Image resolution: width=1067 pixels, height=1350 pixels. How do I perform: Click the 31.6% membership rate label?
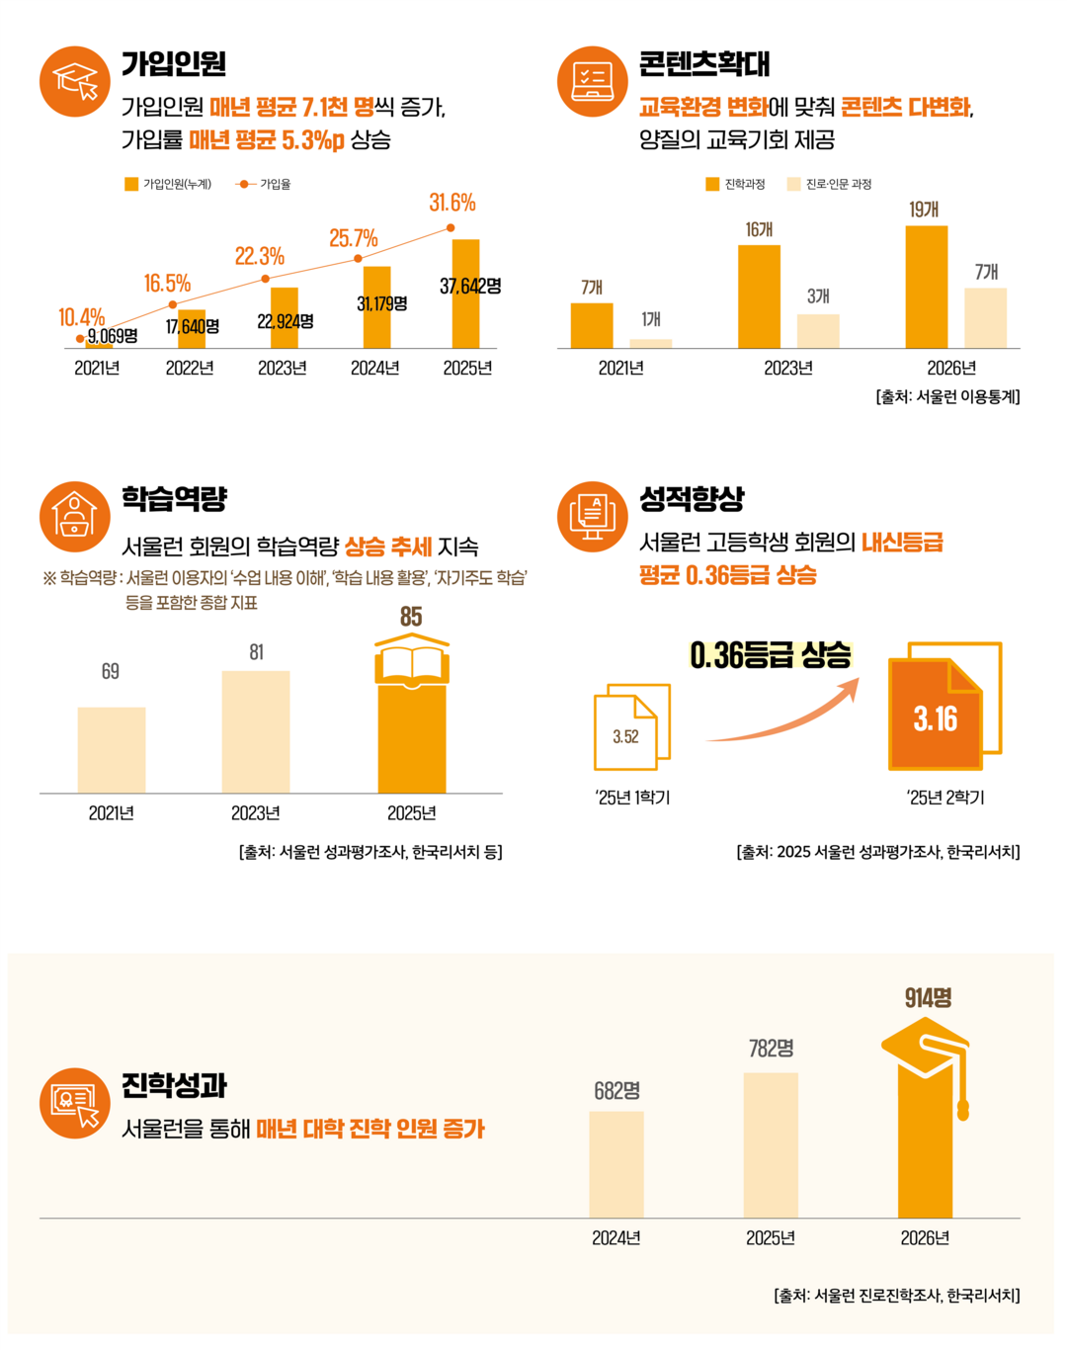[x=451, y=204]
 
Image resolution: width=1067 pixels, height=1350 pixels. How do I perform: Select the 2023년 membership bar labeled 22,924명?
[x=285, y=318]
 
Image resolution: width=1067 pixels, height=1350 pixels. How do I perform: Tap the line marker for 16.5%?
[x=173, y=304]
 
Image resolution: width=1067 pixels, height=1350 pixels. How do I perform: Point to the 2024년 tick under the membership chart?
[x=374, y=368]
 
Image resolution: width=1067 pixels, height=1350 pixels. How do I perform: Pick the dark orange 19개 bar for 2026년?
[x=926, y=287]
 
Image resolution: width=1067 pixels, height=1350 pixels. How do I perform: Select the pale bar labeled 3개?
[x=818, y=331]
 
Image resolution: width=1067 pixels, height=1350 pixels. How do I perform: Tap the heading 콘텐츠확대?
[x=703, y=64]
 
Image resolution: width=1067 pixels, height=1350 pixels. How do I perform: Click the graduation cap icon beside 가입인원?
[x=75, y=81]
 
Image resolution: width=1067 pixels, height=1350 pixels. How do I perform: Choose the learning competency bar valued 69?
[x=112, y=749]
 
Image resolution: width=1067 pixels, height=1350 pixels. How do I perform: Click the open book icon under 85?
[x=412, y=660]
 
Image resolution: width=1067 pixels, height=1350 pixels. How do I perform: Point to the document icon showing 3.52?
[x=630, y=728]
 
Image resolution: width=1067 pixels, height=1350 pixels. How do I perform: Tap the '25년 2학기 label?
[x=944, y=798]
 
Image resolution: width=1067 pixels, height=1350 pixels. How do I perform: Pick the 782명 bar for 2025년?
[x=771, y=1144]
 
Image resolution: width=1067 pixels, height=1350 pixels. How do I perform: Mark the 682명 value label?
[x=616, y=1091]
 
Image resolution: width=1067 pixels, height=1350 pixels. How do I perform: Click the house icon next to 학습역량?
[x=75, y=516]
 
